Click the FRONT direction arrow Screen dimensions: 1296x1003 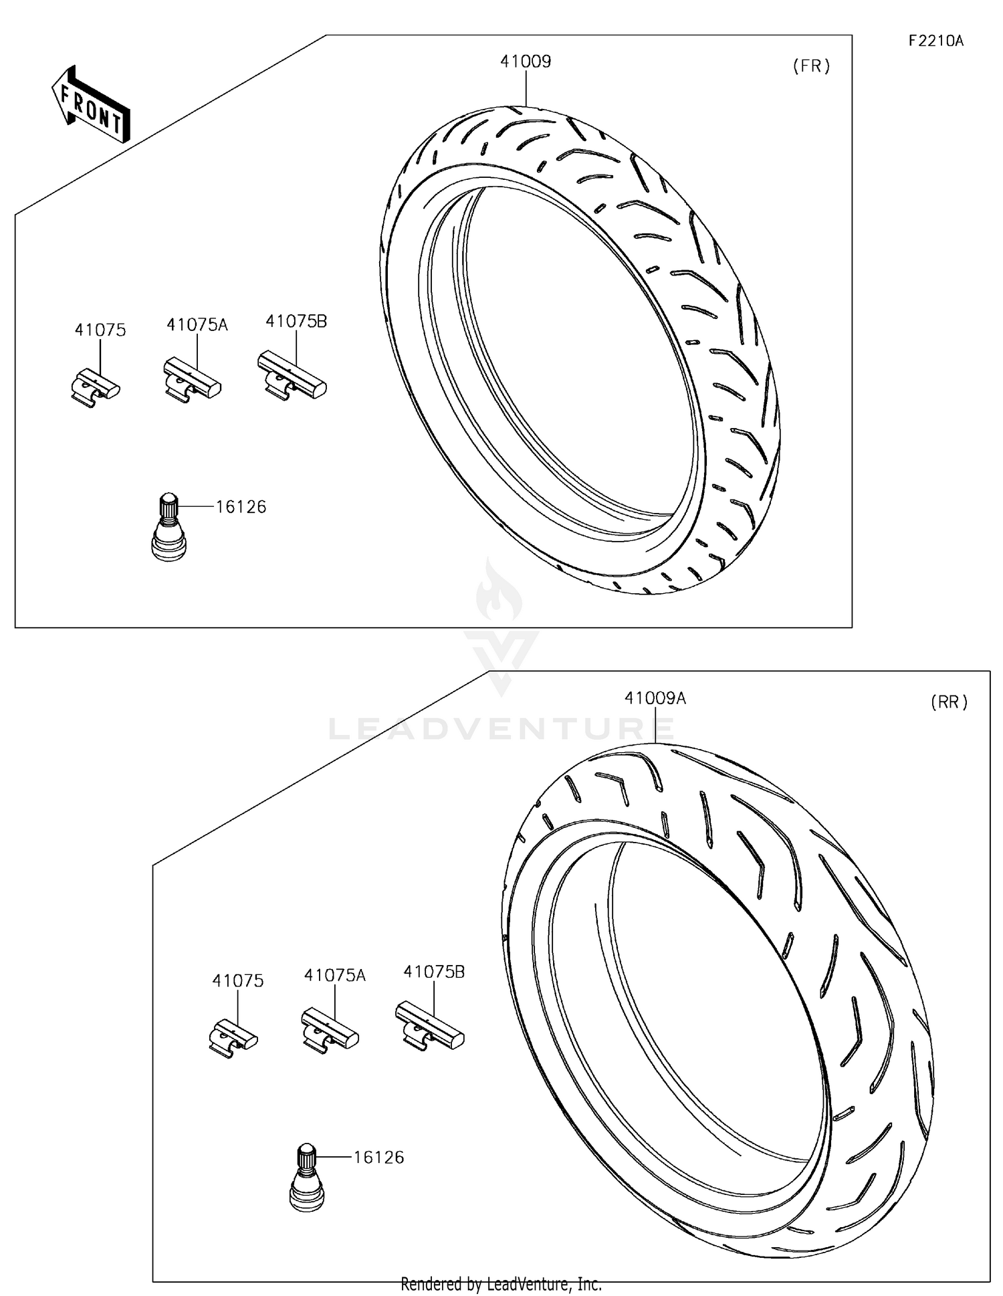pyautogui.click(x=91, y=105)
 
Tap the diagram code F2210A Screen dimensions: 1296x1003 pyautogui.click(x=935, y=41)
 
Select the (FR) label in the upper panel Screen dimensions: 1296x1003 pyautogui.click(x=811, y=66)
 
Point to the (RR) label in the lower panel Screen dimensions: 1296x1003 pyautogui.click(x=949, y=702)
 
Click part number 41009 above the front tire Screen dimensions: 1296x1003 pyautogui.click(x=526, y=62)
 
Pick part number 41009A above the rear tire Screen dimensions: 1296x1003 pyautogui.click(x=655, y=698)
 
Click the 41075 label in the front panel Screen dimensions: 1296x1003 pyautogui.click(x=100, y=330)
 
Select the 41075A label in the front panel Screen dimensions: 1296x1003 pyautogui.click(x=197, y=325)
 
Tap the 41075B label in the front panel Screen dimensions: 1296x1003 pyautogui.click(x=296, y=321)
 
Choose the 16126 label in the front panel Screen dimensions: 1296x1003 pyautogui.click(x=241, y=507)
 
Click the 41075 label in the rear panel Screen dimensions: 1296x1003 pyautogui.click(x=238, y=981)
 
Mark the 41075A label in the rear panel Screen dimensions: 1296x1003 pyautogui.click(x=335, y=976)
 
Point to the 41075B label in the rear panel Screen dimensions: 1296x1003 pyautogui.click(x=434, y=972)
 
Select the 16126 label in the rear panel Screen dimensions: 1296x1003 pyautogui.click(x=378, y=1158)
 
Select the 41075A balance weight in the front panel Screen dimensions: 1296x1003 pyautogui.click(x=192, y=380)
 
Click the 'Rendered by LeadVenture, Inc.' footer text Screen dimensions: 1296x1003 pyautogui.click(x=501, y=1284)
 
